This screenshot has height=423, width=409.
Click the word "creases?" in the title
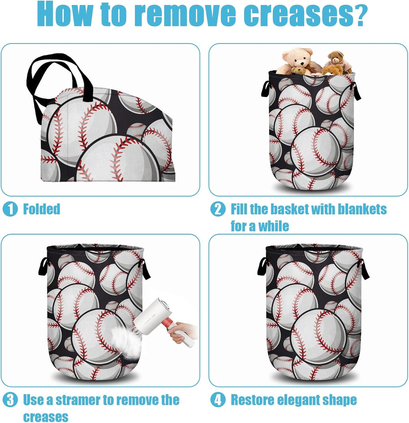click(x=306, y=14)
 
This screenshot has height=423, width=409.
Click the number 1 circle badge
click(x=10, y=209)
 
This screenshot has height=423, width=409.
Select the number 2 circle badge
click(x=218, y=209)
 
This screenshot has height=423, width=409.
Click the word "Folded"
click(x=42, y=209)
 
